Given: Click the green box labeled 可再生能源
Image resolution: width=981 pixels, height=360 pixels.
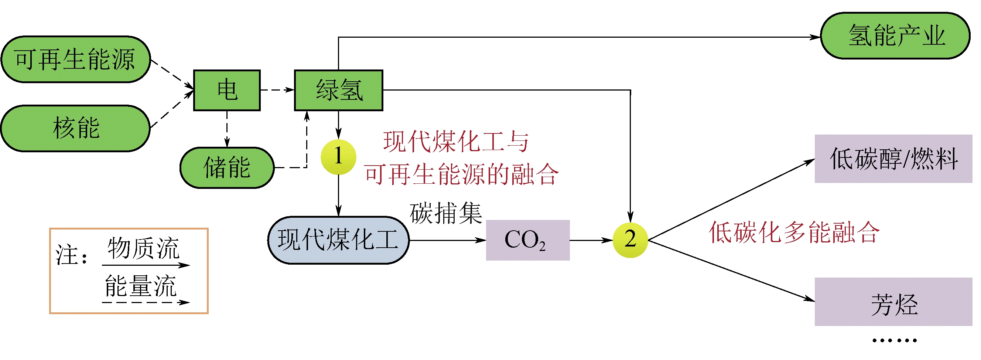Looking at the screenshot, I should [x=75, y=60].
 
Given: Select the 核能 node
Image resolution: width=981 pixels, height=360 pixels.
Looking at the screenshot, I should [x=75, y=128].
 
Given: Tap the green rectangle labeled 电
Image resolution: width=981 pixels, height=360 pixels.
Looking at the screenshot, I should [x=227, y=90].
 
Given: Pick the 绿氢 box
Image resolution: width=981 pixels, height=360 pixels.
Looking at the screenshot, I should [x=339, y=90].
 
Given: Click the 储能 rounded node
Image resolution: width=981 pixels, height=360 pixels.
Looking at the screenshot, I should [x=227, y=168].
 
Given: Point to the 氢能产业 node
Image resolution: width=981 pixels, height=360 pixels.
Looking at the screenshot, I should [x=895, y=36].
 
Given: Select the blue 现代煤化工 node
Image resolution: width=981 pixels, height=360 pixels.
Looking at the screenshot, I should [x=338, y=240].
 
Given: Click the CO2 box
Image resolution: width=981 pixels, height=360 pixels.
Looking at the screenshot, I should [x=527, y=240].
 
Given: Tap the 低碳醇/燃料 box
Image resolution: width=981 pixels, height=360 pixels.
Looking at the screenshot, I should [x=893, y=159].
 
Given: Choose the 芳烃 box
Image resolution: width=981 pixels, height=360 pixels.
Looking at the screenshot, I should [x=893, y=302].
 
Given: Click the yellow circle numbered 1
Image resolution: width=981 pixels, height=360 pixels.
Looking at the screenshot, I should [x=338, y=157].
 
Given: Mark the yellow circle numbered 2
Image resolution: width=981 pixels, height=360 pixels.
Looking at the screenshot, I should [x=630, y=240].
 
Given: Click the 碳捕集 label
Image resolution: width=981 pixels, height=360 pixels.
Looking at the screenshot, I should [x=445, y=213].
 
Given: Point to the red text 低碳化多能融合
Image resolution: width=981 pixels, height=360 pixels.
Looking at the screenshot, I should [x=794, y=232].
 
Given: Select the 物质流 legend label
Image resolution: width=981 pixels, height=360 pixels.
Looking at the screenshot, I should [x=143, y=248].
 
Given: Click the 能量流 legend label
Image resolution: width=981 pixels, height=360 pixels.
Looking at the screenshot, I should [x=140, y=286].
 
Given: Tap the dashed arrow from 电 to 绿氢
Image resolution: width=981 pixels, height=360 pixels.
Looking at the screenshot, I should [x=277, y=90].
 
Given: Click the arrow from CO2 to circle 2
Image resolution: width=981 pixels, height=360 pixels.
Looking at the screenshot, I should [x=591, y=240].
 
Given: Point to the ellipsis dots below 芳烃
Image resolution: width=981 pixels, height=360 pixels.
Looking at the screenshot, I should [x=894, y=340].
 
